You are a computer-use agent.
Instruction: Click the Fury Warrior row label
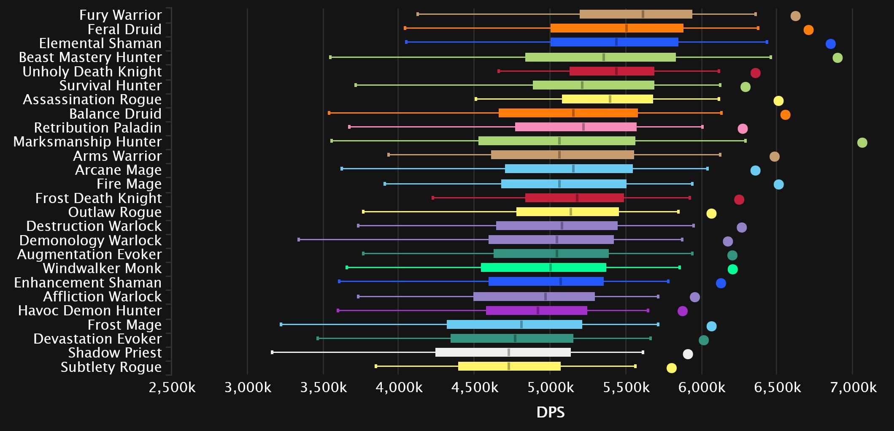tap(120, 15)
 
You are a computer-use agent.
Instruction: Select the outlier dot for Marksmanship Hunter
tap(862, 143)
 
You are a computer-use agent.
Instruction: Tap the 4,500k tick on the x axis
tap(475, 388)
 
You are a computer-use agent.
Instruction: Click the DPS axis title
tap(550, 412)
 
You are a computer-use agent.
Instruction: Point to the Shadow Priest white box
tap(503, 352)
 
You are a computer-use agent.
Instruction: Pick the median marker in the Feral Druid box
tap(626, 28)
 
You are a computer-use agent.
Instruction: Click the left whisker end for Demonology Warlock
tap(299, 239)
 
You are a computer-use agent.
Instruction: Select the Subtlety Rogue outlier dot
tap(671, 368)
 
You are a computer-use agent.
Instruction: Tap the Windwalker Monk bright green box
tap(543, 267)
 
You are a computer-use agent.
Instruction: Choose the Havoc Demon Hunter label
tap(90, 311)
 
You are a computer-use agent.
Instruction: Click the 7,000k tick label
tap(853, 388)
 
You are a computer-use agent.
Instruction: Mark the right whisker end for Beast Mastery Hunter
tap(770, 57)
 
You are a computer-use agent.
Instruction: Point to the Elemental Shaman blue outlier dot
tap(830, 44)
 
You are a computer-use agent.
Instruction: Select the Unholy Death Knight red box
tap(612, 71)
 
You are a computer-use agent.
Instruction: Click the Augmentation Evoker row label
tap(89, 255)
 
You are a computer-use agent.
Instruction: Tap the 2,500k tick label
tap(172, 388)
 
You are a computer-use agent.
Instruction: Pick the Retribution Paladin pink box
tap(575, 127)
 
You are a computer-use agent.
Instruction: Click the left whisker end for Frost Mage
tap(281, 324)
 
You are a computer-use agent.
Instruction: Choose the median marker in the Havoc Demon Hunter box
tap(537, 311)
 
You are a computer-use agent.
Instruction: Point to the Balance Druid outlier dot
tap(785, 115)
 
